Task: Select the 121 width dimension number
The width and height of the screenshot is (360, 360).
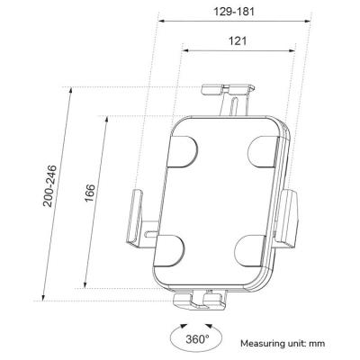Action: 238,41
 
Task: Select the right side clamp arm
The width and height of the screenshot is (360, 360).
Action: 290,218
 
